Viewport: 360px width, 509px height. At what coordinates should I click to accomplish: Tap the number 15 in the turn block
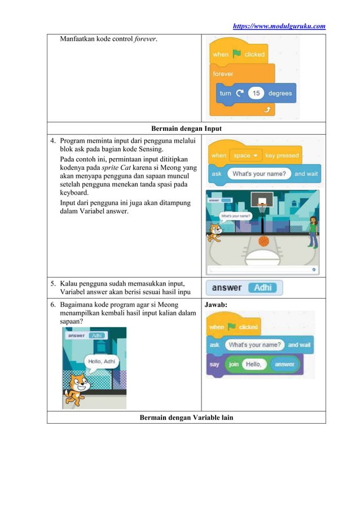256,93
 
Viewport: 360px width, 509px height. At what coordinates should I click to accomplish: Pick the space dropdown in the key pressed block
245,155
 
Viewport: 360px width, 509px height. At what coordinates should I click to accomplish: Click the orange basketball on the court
264,241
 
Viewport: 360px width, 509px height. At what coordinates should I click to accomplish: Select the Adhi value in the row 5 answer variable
263,288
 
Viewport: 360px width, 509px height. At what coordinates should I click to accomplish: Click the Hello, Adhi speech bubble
102,361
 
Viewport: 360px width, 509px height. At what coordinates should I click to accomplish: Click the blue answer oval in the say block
285,365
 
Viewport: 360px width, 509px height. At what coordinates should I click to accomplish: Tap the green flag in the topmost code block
237,54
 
